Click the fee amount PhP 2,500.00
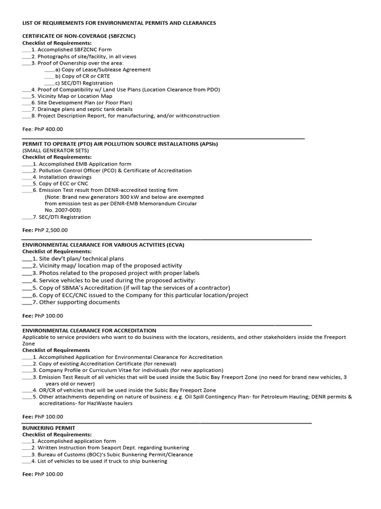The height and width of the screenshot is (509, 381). (x=51, y=230)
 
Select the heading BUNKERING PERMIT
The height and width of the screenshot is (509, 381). (x=49, y=428)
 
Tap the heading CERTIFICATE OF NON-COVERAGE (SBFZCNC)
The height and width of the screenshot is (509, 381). (x=79, y=36)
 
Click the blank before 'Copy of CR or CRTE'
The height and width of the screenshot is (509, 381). (x=49, y=77)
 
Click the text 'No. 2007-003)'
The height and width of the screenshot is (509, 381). (x=63, y=210)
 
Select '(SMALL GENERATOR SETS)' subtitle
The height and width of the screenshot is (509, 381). (x=56, y=151)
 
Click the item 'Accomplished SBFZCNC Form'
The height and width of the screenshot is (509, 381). (x=75, y=50)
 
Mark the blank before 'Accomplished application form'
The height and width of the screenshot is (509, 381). (x=27, y=441)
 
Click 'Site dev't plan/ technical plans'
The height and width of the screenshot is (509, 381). (x=81, y=259)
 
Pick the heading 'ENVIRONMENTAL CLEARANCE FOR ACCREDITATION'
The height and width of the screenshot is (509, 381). (x=89, y=331)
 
